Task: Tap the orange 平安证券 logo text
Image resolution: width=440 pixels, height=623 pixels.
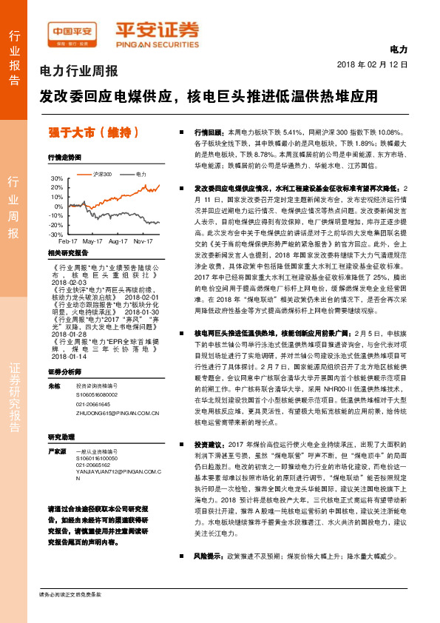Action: tap(156, 30)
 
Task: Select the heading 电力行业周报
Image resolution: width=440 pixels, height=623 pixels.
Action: tap(78, 72)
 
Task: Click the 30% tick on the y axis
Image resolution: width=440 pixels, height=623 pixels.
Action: tap(57, 179)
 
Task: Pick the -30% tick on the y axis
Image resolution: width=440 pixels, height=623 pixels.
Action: tap(56, 234)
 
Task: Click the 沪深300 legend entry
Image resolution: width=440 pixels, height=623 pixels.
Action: tap(102, 174)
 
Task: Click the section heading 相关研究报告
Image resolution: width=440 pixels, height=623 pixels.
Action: tap(67, 253)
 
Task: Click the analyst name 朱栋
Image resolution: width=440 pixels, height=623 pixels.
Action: tap(53, 386)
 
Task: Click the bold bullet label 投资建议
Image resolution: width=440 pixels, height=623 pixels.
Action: tap(208, 445)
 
